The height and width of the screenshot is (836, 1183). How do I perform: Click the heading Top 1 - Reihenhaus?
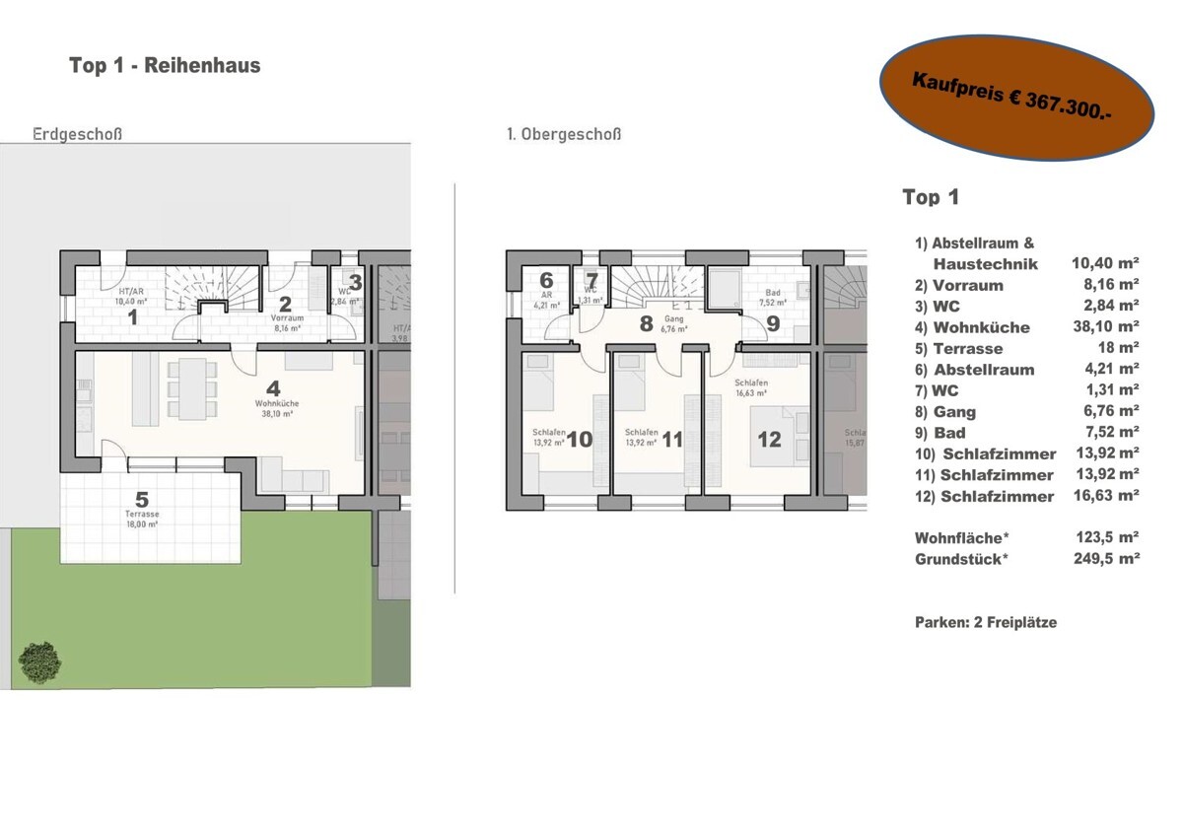coord(165,66)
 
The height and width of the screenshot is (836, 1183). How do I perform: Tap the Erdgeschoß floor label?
coord(78,134)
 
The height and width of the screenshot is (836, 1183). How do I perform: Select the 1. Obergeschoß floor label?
coord(564,134)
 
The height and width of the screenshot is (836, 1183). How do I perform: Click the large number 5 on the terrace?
coord(142,500)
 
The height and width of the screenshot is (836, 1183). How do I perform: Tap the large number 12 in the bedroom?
coord(769,439)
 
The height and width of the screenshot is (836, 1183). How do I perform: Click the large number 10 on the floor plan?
coord(580,439)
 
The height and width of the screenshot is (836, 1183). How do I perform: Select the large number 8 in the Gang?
coord(646,322)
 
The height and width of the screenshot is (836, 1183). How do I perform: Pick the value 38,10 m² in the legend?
coord(1105,327)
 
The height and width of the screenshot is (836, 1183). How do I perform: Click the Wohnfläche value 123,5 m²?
coord(1107,538)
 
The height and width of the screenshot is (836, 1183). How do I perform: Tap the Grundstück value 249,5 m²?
coord(1107,559)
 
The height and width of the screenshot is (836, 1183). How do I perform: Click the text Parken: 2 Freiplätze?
coord(986,622)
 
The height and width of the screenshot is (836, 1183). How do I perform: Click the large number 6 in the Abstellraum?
coord(546,280)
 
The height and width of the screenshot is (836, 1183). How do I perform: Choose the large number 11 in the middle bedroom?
coord(671,439)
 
